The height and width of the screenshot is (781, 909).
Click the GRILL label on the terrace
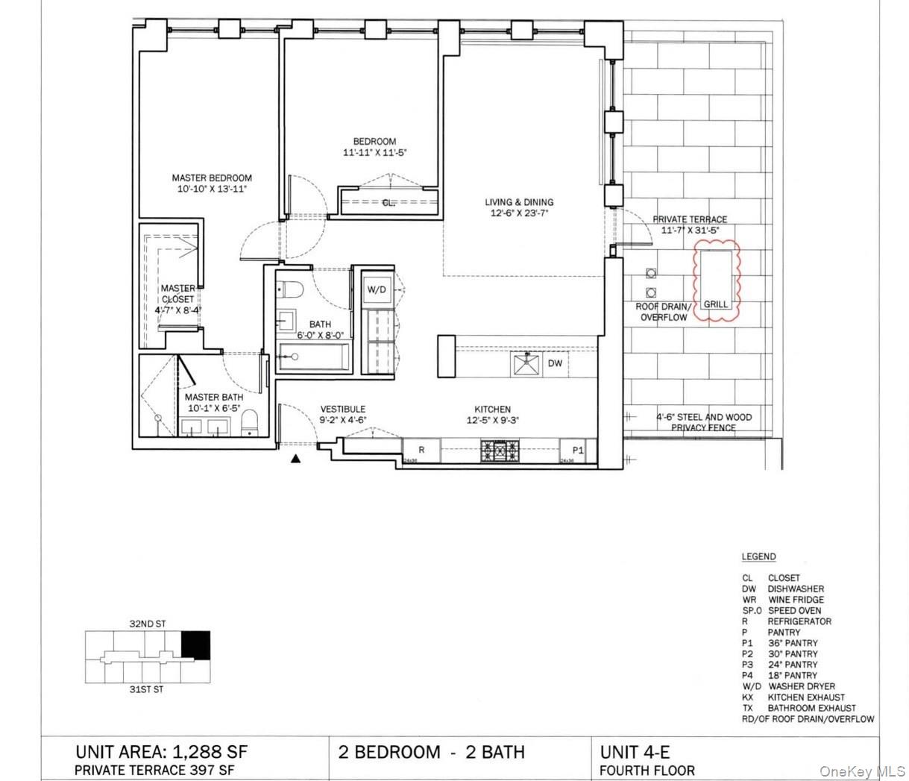pyautogui.click(x=716, y=304)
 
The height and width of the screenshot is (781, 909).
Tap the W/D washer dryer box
pyautogui.click(x=376, y=290)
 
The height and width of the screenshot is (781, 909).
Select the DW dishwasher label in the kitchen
pyautogui.click(x=555, y=363)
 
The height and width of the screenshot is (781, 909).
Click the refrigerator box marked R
pyautogui.click(x=421, y=451)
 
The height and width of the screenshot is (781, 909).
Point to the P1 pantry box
pyautogui.click(x=578, y=451)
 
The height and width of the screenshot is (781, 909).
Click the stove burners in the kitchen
pyautogui.click(x=502, y=451)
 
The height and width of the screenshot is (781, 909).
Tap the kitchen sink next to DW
pyautogui.click(x=526, y=363)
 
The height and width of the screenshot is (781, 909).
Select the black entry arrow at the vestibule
pyautogui.click(x=296, y=459)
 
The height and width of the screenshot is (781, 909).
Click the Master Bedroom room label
pyautogui.click(x=212, y=178)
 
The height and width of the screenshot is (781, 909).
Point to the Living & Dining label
pyautogui.click(x=519, y=202)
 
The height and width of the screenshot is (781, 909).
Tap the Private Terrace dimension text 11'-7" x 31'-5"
pyautogui.click(x=693, y=230)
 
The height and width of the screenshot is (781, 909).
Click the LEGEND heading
pyautogui.click(x=758, y=556)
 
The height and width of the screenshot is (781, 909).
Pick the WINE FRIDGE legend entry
pyautogui.click(x=796, y=600)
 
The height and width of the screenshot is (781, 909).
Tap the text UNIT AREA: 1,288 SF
pyautogui.click(x=161, y=751)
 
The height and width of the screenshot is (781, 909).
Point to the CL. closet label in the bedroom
pyautogui.click(x=389, y=202)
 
